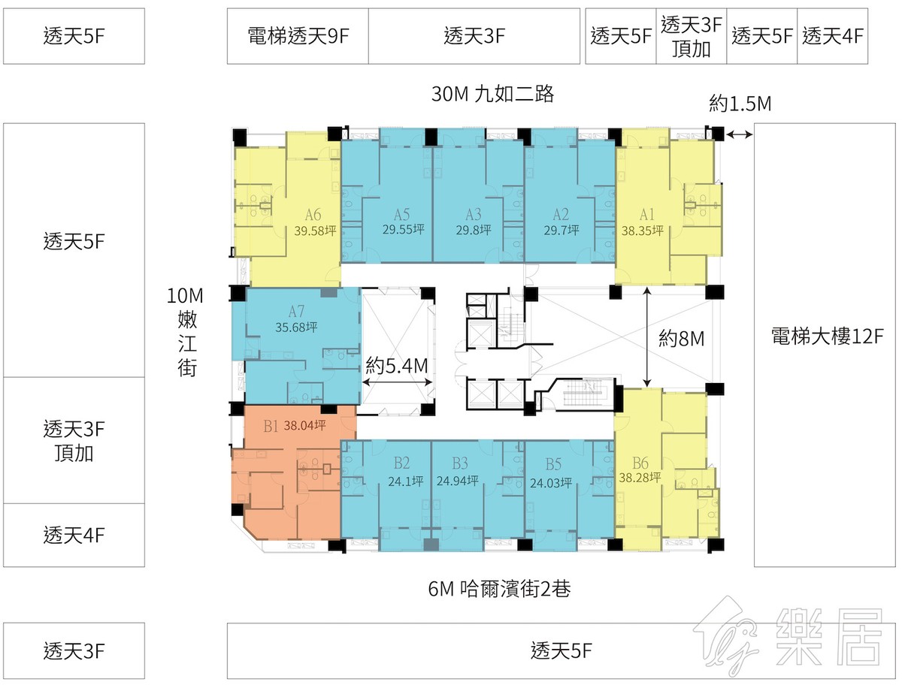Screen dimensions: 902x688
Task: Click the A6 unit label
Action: [x=313, y=215]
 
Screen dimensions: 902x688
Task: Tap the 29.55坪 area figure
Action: [x=403, y=229]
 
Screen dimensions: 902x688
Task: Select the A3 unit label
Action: [x=473, y=214]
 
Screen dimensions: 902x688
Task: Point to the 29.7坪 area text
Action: [x=561, y=230]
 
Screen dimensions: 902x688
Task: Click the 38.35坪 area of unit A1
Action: [x=642, y=231]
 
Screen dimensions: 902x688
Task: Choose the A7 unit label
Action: [x=296, y=312]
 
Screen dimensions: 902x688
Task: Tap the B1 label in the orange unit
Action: [x=271, y=427]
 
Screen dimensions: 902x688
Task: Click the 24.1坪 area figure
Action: [x=406, y=481]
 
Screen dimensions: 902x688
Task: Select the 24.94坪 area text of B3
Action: [x=457, y=480]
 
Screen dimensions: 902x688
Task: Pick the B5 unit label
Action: [x=553, y=464]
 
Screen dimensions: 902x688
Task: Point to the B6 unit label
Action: [x=640, y=463]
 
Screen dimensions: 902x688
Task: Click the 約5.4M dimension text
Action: [x=397, y=366]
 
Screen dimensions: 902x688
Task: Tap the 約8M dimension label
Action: [x=681, y=339]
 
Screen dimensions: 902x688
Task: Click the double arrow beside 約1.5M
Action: [x=740, y=134]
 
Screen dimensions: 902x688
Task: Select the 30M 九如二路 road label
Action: [x=492, y=94]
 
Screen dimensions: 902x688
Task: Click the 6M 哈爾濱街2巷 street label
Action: [x=499, y=589]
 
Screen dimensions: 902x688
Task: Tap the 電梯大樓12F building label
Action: [x=828, y=336]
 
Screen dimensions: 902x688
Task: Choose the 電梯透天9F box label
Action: [x=298, y=36]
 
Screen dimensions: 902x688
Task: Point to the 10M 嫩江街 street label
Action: [x=186, y=332]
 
